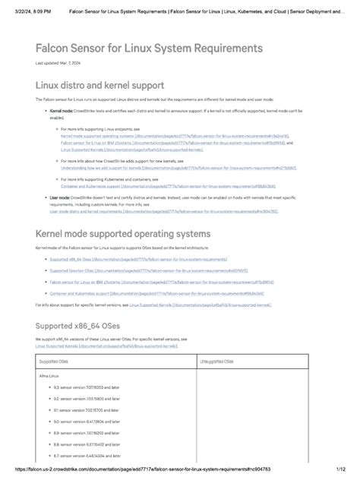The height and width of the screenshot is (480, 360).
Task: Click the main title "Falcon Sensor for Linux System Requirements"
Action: click(x=149, y=48)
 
